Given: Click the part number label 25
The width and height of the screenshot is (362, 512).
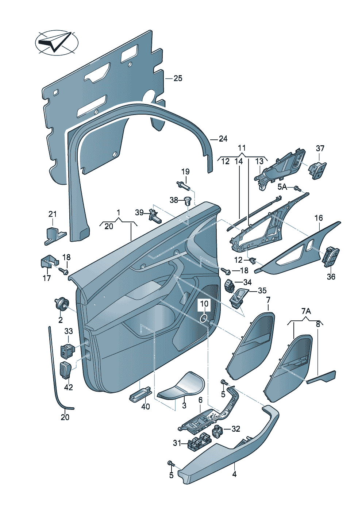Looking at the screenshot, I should tap(178, 78).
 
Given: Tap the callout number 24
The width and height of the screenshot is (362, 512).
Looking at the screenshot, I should tap(223, 139).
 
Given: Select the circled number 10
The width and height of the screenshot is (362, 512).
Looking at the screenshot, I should tap(204, 304).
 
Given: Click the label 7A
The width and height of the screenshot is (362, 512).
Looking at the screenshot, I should tap(306, 311).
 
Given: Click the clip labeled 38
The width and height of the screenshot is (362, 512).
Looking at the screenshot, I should tap(188, 200).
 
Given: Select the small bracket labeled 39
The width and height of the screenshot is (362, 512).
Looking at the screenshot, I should tap(155, 216).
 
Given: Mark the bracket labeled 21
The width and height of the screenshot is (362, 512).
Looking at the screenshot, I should tap(54, 236).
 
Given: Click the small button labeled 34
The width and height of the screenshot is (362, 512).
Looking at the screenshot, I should tap(230, 285).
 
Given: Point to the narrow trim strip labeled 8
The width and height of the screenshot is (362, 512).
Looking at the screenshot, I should tap(321, 377).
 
